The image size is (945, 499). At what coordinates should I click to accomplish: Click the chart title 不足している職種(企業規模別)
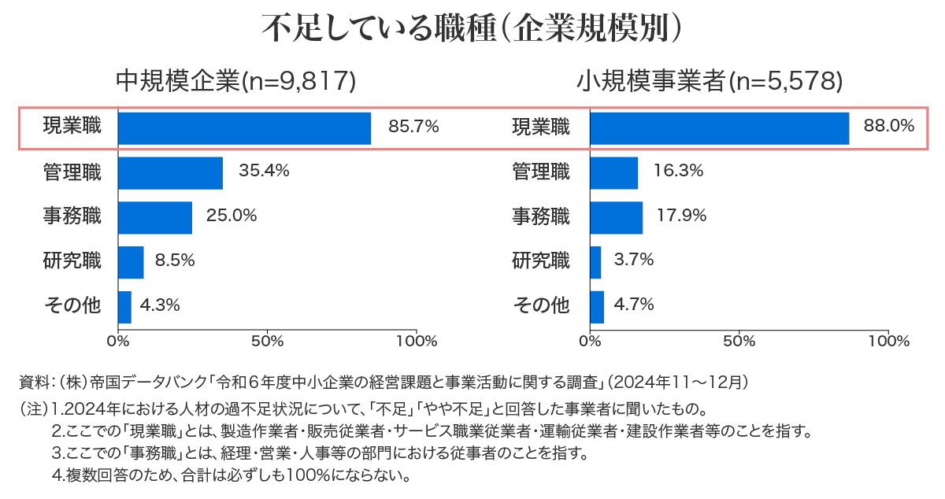[472, 29]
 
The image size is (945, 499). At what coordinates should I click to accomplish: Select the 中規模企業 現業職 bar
[244, 128]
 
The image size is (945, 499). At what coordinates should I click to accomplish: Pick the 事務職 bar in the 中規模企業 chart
[155, 217]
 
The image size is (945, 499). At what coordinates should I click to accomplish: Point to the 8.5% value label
[174, 261]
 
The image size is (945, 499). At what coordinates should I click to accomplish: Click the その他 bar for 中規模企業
[124, 306]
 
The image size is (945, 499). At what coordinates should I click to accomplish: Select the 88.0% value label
[888, 126]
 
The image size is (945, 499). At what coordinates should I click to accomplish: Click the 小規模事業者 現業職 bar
[719, 128]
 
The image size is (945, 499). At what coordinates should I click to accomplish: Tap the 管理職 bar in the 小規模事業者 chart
[613, 173]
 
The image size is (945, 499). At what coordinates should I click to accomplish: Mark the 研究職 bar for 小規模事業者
[595, 262]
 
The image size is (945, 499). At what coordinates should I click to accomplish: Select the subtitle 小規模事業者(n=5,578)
[710, 81]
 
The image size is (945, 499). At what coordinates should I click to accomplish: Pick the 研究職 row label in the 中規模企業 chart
[72, 261]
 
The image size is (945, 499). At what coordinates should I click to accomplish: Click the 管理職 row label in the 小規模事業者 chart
[541, 171]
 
